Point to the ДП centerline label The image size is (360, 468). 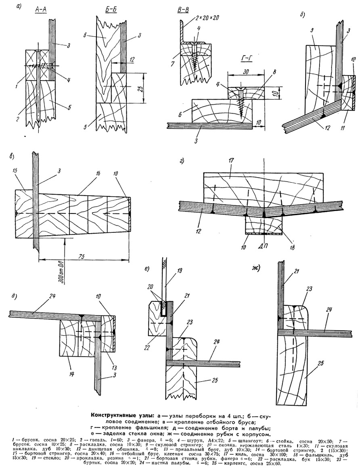click(x=264, y=245)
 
